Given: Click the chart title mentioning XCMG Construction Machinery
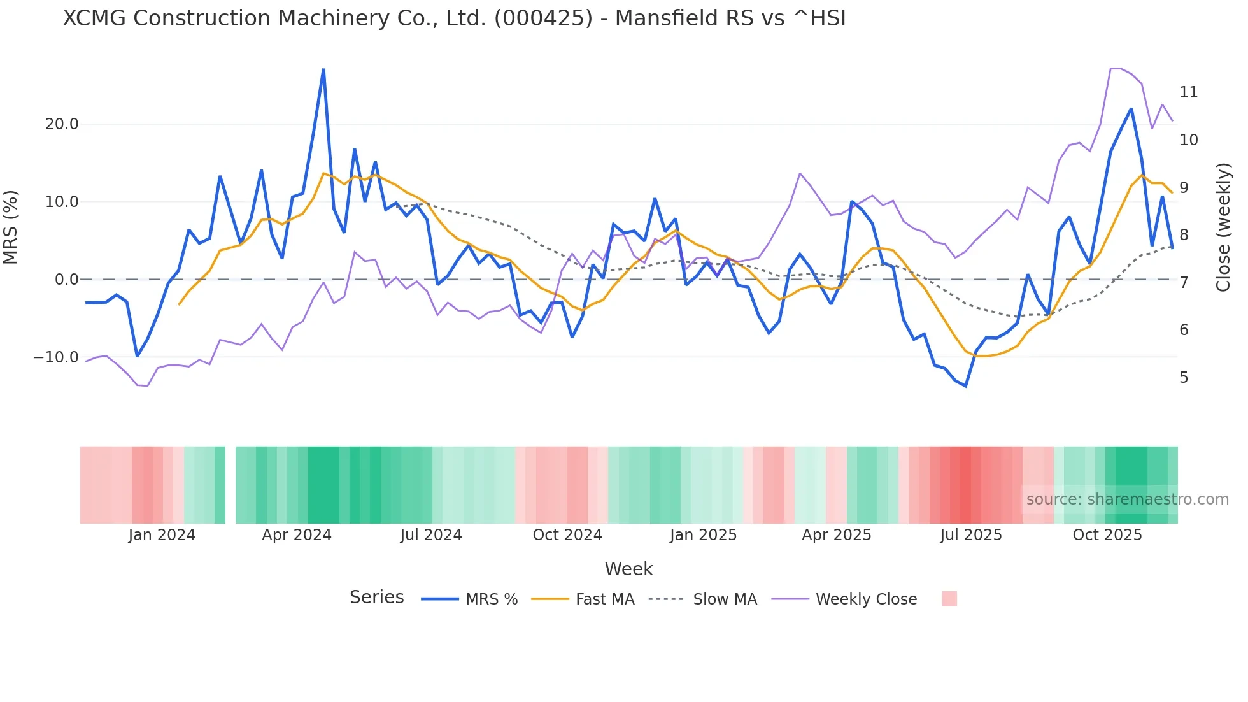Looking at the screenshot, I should tap(454, 18).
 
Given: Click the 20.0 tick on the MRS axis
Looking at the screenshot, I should tap(62, 124).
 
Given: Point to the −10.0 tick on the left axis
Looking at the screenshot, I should tap(56, 357).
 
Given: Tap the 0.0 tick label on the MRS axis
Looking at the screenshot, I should tap(67, 280).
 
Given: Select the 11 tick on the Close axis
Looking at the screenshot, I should tap(1188, 92).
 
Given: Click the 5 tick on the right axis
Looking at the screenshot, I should tap(1184, 378).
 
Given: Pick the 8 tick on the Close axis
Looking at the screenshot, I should tap(1184, 235).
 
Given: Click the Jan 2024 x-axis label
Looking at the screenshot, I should tap(162, 535).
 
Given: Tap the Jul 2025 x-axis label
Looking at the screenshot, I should tap(971, 535).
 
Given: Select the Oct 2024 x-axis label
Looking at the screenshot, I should tap(567, 535).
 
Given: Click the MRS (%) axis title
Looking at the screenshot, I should tap(11, 227).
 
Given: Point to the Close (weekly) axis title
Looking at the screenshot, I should tap(1223, 227).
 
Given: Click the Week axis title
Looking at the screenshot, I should tap(628, 569).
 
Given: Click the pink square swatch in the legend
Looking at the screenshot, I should tap(949, 599).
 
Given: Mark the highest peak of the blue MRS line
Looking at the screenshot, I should tap(323, 69).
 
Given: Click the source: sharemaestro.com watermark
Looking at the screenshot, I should tap(1127, 499).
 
